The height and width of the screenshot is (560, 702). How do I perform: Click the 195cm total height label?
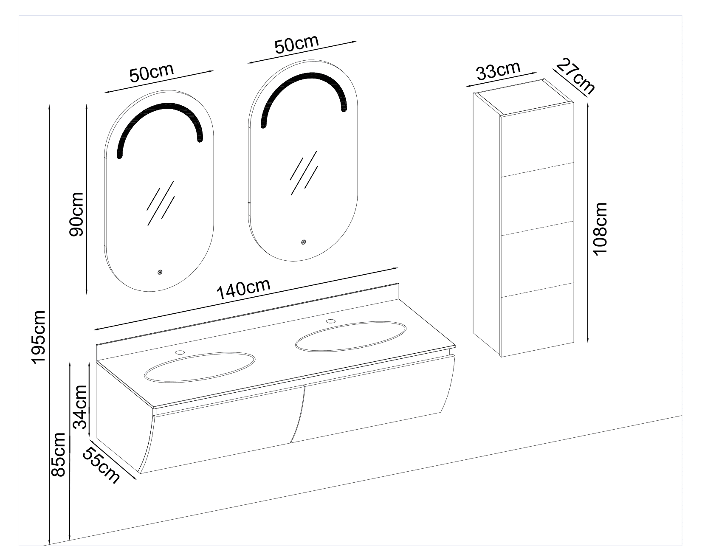[39, 337]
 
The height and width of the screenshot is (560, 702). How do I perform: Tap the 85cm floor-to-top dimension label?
[58, 454]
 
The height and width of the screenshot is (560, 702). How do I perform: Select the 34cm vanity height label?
[80, 407]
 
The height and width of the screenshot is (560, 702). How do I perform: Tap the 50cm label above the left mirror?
[152, 73]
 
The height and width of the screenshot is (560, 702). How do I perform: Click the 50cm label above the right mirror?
[296, 44]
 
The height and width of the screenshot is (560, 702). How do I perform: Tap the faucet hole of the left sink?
[181, 352]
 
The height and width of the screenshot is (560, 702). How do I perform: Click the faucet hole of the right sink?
[331, 321]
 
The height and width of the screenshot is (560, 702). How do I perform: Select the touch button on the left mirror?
[160, 272]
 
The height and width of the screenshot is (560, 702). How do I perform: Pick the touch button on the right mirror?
[303, 242]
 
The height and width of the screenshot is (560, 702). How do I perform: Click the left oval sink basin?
[200, 366]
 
